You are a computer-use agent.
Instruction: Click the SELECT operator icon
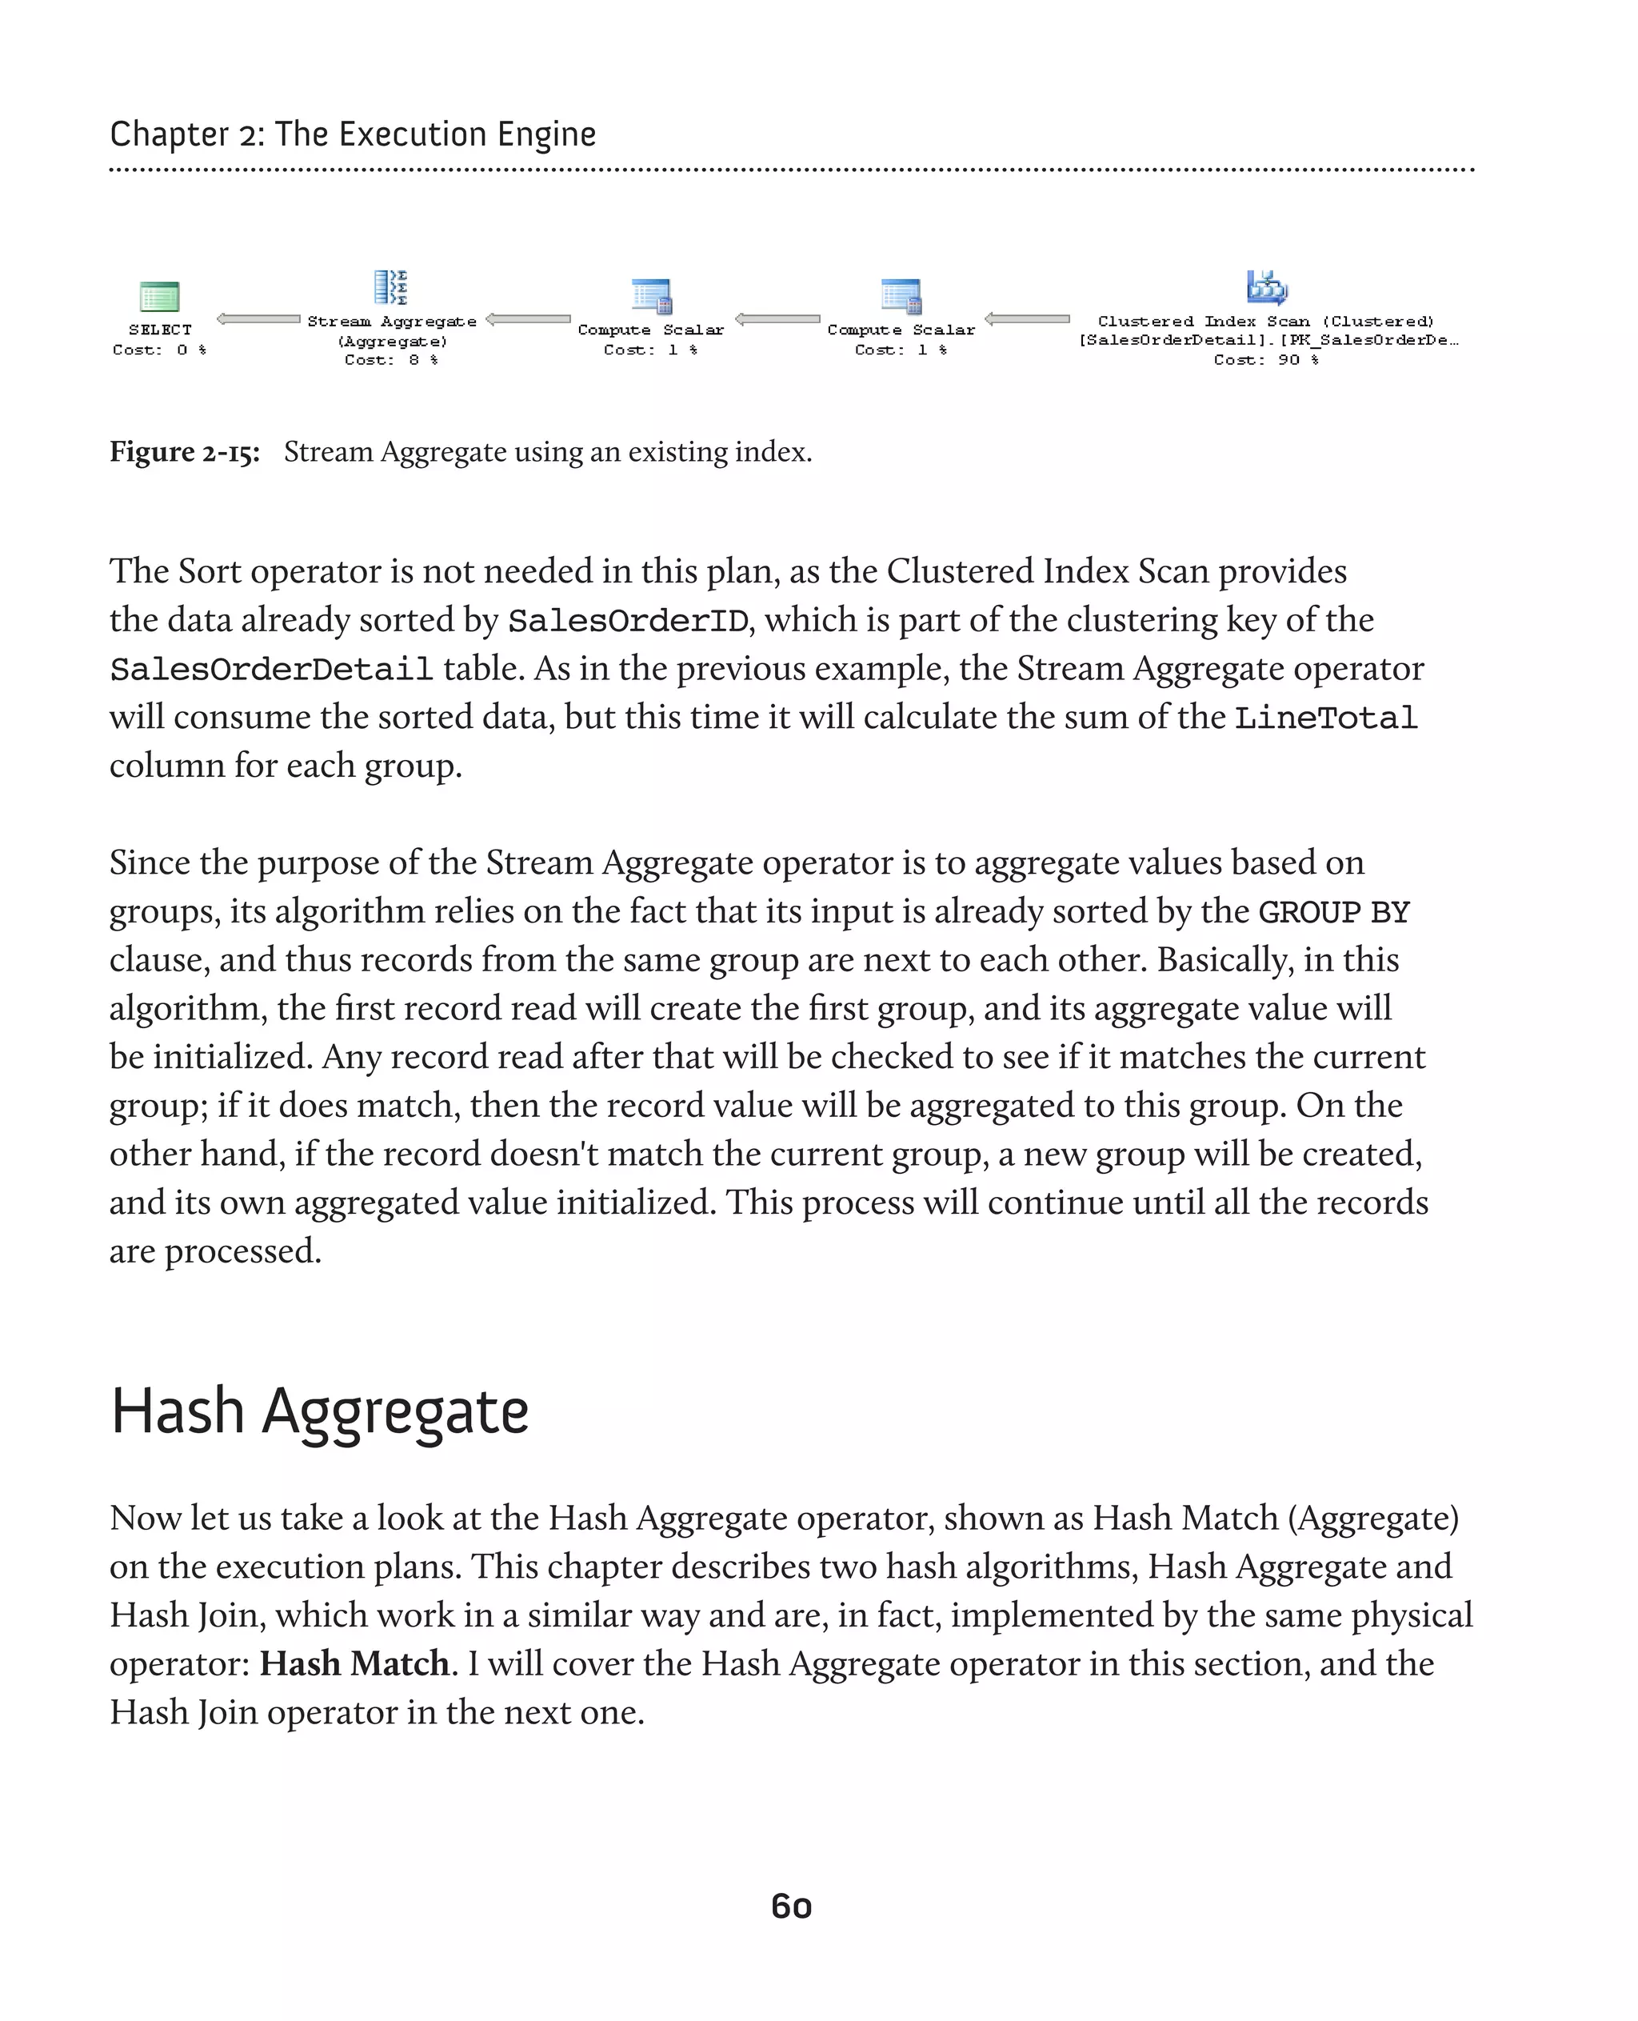(159, 296)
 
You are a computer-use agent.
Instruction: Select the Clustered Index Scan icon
(1266, 287)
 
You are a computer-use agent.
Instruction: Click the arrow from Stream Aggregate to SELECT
(258, 319)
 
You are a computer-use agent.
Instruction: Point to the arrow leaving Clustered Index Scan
(1027, 319)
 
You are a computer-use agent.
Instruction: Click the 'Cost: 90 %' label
(1265, 360)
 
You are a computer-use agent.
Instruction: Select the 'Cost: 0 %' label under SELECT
(159, 350)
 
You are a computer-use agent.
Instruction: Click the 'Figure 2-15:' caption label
(185, 452)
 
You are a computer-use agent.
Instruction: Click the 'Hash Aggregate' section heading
(320, 1412)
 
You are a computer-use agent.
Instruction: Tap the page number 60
(792, 1907)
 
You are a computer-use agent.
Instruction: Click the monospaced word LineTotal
(1326, 718)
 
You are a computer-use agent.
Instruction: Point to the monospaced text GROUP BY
(1334, 913)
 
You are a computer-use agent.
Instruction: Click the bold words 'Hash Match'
(354, 1664)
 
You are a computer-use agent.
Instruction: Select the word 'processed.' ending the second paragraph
(242, 1251)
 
